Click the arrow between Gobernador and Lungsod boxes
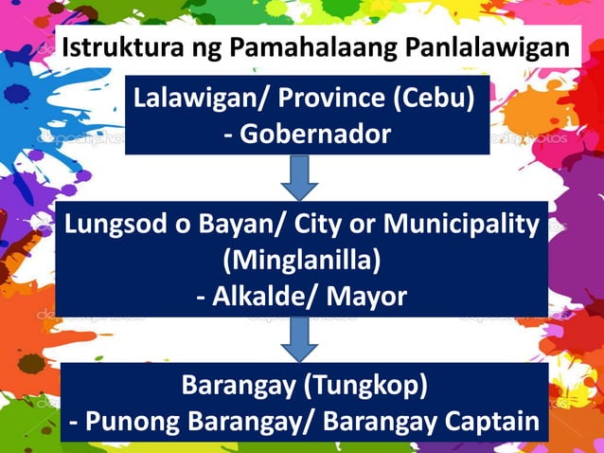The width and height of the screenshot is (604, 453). [300, 176]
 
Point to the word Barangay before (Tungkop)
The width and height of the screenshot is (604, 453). [233, 386]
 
